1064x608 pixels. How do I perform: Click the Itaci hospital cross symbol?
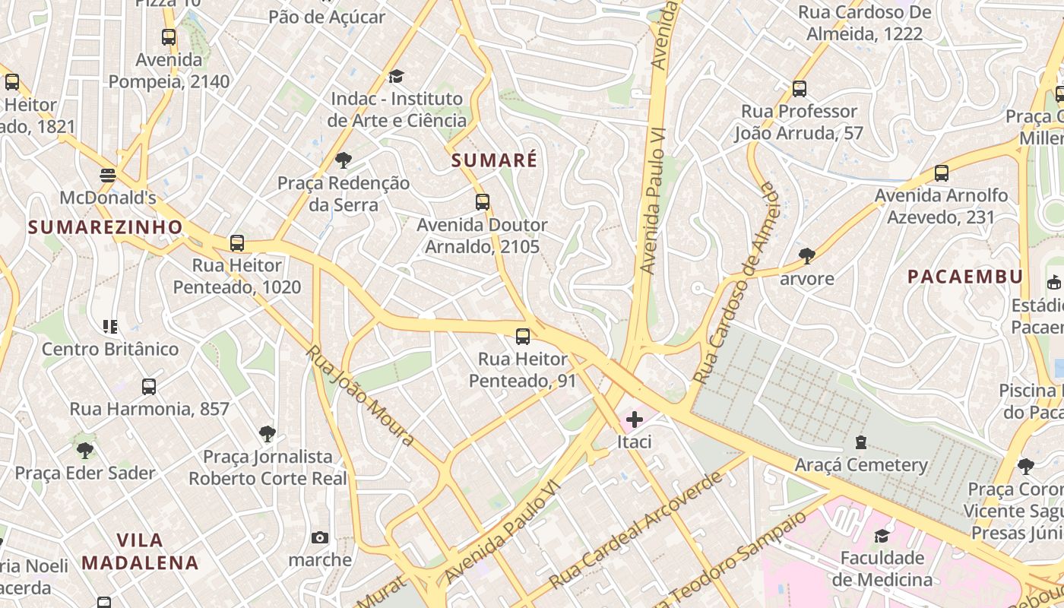[634, 419]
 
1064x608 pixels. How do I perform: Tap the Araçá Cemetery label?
[861, 464]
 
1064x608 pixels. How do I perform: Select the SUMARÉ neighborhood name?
[494, 160]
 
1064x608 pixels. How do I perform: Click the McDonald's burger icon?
[107, 176]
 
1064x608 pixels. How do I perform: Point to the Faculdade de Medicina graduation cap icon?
[882, 536]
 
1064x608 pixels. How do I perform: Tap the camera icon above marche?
[320, 537]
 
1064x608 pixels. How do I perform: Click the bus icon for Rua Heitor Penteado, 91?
[522, 336]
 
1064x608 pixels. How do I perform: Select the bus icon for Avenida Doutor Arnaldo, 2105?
[483, 202]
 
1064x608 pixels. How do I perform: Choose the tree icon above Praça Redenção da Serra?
[344, 160]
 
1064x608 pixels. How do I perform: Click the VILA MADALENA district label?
[140, 552]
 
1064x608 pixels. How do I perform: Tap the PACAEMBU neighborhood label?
[965, 277]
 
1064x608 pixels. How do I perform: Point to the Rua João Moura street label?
[360, 396]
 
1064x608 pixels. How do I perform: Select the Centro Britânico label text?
[110, 349]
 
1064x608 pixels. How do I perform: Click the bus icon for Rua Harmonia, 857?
[149, 386]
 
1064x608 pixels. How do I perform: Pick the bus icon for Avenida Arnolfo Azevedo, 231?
[942, 173]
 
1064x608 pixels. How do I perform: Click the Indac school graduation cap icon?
[396, 77]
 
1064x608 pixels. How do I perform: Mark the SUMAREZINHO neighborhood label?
[106, 226]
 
